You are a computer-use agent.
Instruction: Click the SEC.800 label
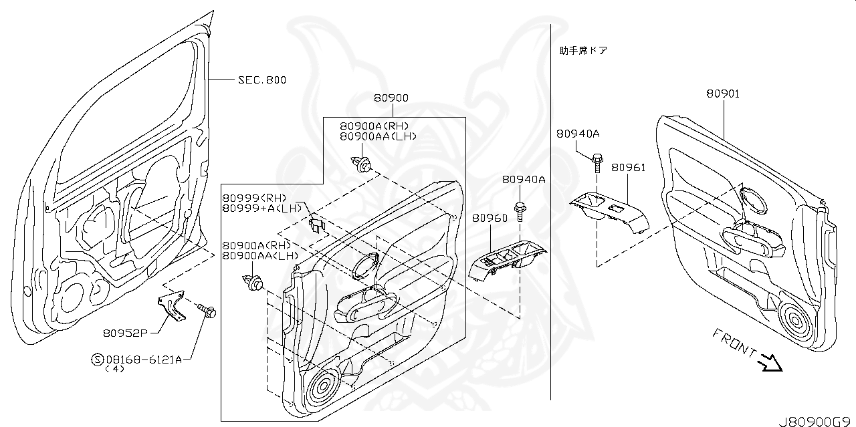pyautogui.click(x=262, y=80)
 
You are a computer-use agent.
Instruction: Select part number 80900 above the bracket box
pyautogui.click(x=391, y=98)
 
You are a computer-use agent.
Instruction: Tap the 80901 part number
pyautogui.click(x=723, y=94)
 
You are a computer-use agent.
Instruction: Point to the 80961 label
pyautogui.click(x=628, y=167)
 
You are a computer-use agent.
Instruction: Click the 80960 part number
pyautogui.click(x=490, y=218)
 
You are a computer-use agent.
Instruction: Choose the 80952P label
pyautogui.click(x=125, y=331)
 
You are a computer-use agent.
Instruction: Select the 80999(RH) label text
pyautogui.click(x=254, y=198)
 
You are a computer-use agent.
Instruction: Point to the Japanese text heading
pyautogui.click(x=583, y=50)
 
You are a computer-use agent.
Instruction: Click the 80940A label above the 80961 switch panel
pyautogui.click(x=578, y=134)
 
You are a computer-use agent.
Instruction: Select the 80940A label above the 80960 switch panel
pyautogui.click(x=524, y=180)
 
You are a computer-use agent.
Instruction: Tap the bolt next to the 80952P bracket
pyautogui.click(x=206, y=311)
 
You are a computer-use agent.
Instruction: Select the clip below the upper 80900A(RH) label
pyautogui.click(x=362, y=163)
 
